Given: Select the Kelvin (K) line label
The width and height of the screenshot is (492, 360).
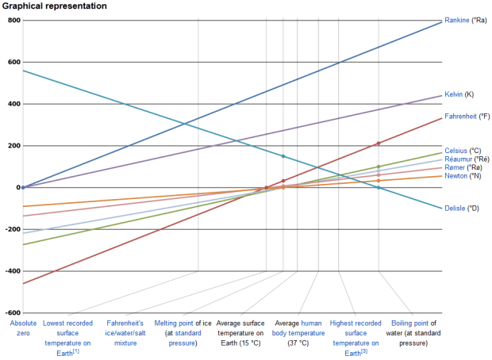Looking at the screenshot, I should pos(459,94).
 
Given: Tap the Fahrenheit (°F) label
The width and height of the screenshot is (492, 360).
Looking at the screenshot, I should pos(467,116).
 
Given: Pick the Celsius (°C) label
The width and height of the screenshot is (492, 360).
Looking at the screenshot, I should pos(463,150).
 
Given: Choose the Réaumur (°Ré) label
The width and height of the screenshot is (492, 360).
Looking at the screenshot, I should pos(467,159).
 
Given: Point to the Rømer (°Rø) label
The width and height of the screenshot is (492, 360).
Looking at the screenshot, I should pos(463,168).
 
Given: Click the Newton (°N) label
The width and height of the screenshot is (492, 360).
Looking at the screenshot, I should pos(463,176).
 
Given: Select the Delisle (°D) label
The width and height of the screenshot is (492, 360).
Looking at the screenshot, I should pos(462,209).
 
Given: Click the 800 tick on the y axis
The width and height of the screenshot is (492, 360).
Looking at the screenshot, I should pos(13,20).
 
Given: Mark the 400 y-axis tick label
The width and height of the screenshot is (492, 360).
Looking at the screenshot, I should pos(13,104).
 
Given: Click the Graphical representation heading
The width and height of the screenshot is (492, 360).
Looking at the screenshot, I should pos(54,6).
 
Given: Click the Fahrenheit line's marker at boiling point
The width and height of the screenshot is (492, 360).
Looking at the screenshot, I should pos(379,144).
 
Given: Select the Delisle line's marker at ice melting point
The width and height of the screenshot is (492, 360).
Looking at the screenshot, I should pos(283,156).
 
